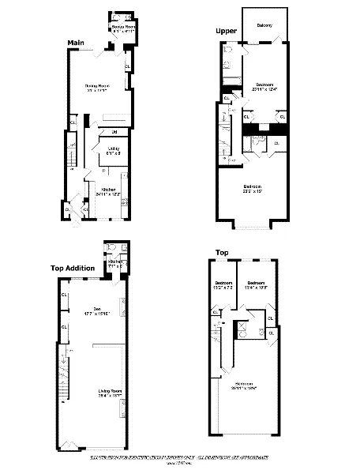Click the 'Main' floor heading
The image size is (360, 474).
coord(77,42)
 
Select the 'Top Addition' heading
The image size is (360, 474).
coord(73,268)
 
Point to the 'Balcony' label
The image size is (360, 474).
coord(264,26)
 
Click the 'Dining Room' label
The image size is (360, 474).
coord(96,85)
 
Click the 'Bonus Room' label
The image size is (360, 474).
coord(124,26)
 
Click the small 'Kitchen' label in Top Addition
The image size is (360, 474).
coord(115,261)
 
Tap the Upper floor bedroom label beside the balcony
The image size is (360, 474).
coord(264,85)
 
